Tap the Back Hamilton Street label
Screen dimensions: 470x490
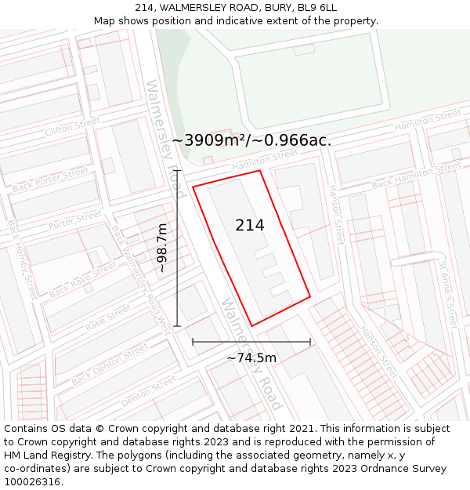(x=416, y=176)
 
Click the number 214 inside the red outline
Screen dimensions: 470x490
(x=250, y=225)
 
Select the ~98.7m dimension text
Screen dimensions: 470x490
(x=161, y=248)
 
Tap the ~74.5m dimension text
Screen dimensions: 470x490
(x=251, y=358)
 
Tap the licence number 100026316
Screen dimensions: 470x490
(x=34, y=481)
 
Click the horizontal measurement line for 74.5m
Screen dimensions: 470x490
(x=251, y=342)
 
